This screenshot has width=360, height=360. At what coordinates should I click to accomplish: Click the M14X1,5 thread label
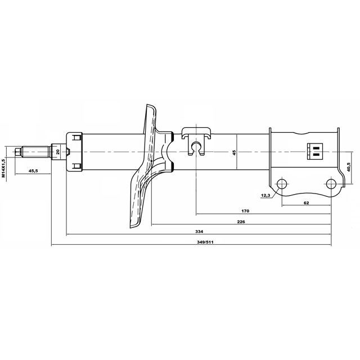pyautogui.click(x=3, y=168)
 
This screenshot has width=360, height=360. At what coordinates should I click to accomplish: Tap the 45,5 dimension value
pyautogui.click(x=33, y=170)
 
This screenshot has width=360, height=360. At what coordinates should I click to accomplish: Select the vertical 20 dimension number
pyautogui.click(x=58, y=151)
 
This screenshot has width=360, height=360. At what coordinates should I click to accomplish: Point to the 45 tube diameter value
pyautogui.click(x=234, y=152)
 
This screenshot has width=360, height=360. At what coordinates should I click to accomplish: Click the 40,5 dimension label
pyautogui.click(x=348, y=167)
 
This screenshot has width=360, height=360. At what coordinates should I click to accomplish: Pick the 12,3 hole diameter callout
pyautogui.click(x=265, y=195)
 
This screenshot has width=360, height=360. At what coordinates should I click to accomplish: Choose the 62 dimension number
pyautogui.click(x=306, y=202)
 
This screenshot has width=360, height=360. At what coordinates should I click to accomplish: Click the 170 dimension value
pyautogui.click(x=245, y=211)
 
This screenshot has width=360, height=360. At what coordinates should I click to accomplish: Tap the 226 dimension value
pyautogui.click(x=241, y=222)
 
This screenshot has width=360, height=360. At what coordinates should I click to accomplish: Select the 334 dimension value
pyautogui.click(x=199, y=231)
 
